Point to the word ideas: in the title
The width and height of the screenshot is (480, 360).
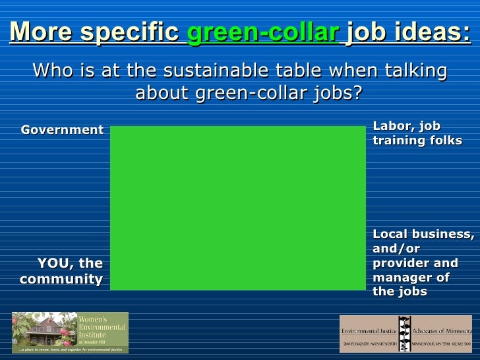click(438, 32)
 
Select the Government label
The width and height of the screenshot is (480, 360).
click(62, 129)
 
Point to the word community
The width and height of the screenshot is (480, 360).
click(61, 279)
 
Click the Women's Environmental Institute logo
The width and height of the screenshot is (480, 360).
click(70, 332)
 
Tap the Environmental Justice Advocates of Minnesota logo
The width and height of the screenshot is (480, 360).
click(405, 333)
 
